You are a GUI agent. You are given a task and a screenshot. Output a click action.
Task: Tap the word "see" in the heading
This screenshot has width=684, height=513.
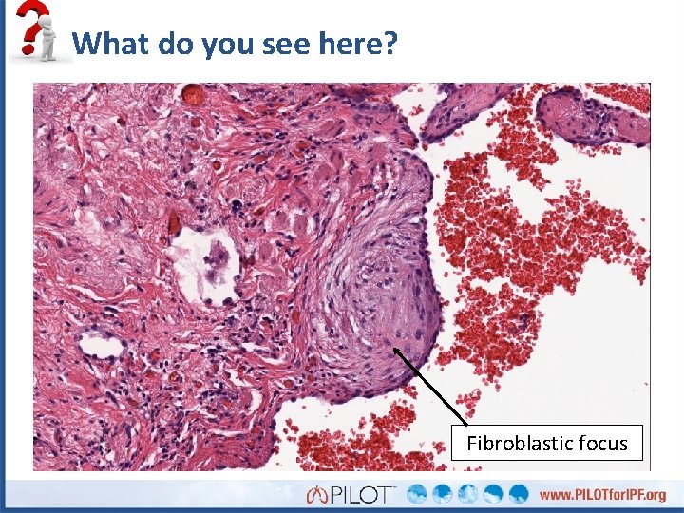pos(283,43)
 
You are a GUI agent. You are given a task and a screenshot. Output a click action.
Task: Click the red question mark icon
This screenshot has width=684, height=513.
pos(35,21)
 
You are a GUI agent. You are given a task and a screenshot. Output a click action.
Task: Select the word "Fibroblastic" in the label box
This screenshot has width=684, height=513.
pos(518,444)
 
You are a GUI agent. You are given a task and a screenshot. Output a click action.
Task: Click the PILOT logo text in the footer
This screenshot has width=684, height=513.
pos(364,495)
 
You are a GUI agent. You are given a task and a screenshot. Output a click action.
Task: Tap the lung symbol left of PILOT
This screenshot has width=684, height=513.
pos(316,495)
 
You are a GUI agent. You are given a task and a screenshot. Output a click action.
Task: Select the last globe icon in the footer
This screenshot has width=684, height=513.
pos(519,494)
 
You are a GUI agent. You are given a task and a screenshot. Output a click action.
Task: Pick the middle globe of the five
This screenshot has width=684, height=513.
pos(468,494)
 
